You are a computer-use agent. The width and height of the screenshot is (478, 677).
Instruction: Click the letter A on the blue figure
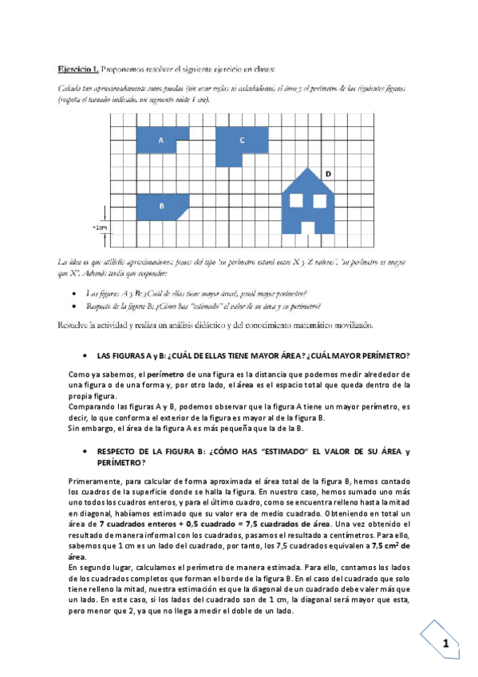pyautogui.click(x=162, y=141)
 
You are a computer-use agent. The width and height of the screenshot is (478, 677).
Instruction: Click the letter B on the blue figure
pyautogui.click(x=162, y=206)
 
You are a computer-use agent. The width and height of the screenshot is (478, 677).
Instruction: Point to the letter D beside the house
pyautogui.click(x=329, y=173)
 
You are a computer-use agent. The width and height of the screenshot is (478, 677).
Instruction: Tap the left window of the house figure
pyautogui.click(x=298, y=200)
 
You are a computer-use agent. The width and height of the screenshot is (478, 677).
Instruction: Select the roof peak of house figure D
pyautogui.click(x=310, y=168)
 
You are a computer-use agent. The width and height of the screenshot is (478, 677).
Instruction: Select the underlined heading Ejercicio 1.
pyautogui.click(x=76, y=69)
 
